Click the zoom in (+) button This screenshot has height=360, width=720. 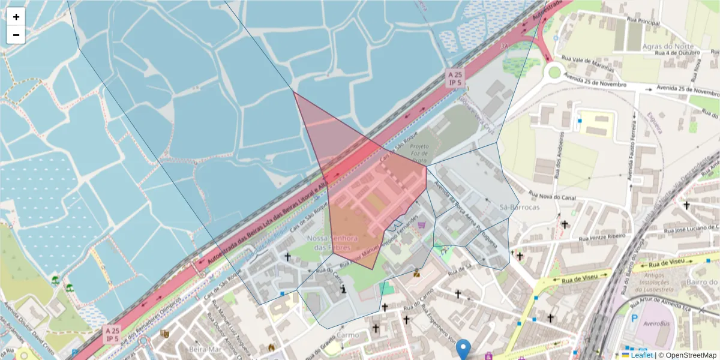click(x=16, y=17)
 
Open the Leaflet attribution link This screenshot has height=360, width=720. click(x=641, y=355)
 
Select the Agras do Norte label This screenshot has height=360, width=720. click(x=668, y=46)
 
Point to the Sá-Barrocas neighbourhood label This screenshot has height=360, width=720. click(x=520, y=207)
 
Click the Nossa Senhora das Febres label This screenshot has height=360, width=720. click(x=332, y=243)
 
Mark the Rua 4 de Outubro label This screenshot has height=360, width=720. click(x=678, y=53)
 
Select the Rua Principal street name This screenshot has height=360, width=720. click(x=643, y=22)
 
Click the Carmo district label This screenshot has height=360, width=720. click(x=348, y=335)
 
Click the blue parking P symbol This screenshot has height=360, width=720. click(x=635, y=319)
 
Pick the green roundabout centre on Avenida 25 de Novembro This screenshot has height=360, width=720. click(x=554, y=73)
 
